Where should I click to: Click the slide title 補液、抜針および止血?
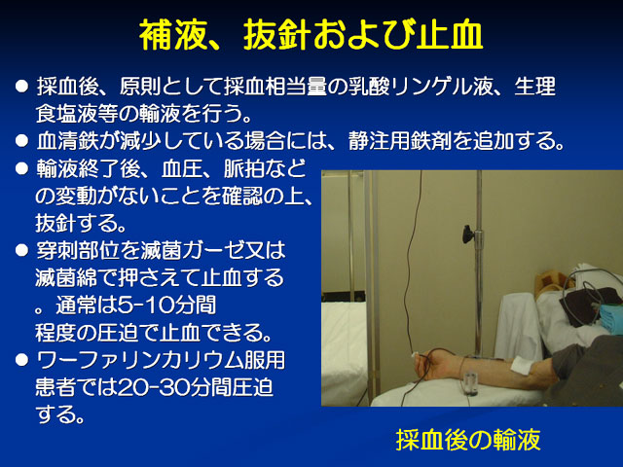coord(311,35)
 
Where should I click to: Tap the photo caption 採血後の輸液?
coord(468,440)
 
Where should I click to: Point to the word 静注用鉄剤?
coord(400,140)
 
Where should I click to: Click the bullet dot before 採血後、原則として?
coord(21,87)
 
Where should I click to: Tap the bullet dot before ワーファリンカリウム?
coord(21,360)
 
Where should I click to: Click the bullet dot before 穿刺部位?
coord(21,250)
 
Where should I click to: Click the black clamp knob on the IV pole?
coord(467,234)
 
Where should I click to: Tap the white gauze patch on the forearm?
coord(522,366)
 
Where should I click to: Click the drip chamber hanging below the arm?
coord(470,382)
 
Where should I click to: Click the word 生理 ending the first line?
coord(534,87)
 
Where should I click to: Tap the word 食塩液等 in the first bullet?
coord(78,114)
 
